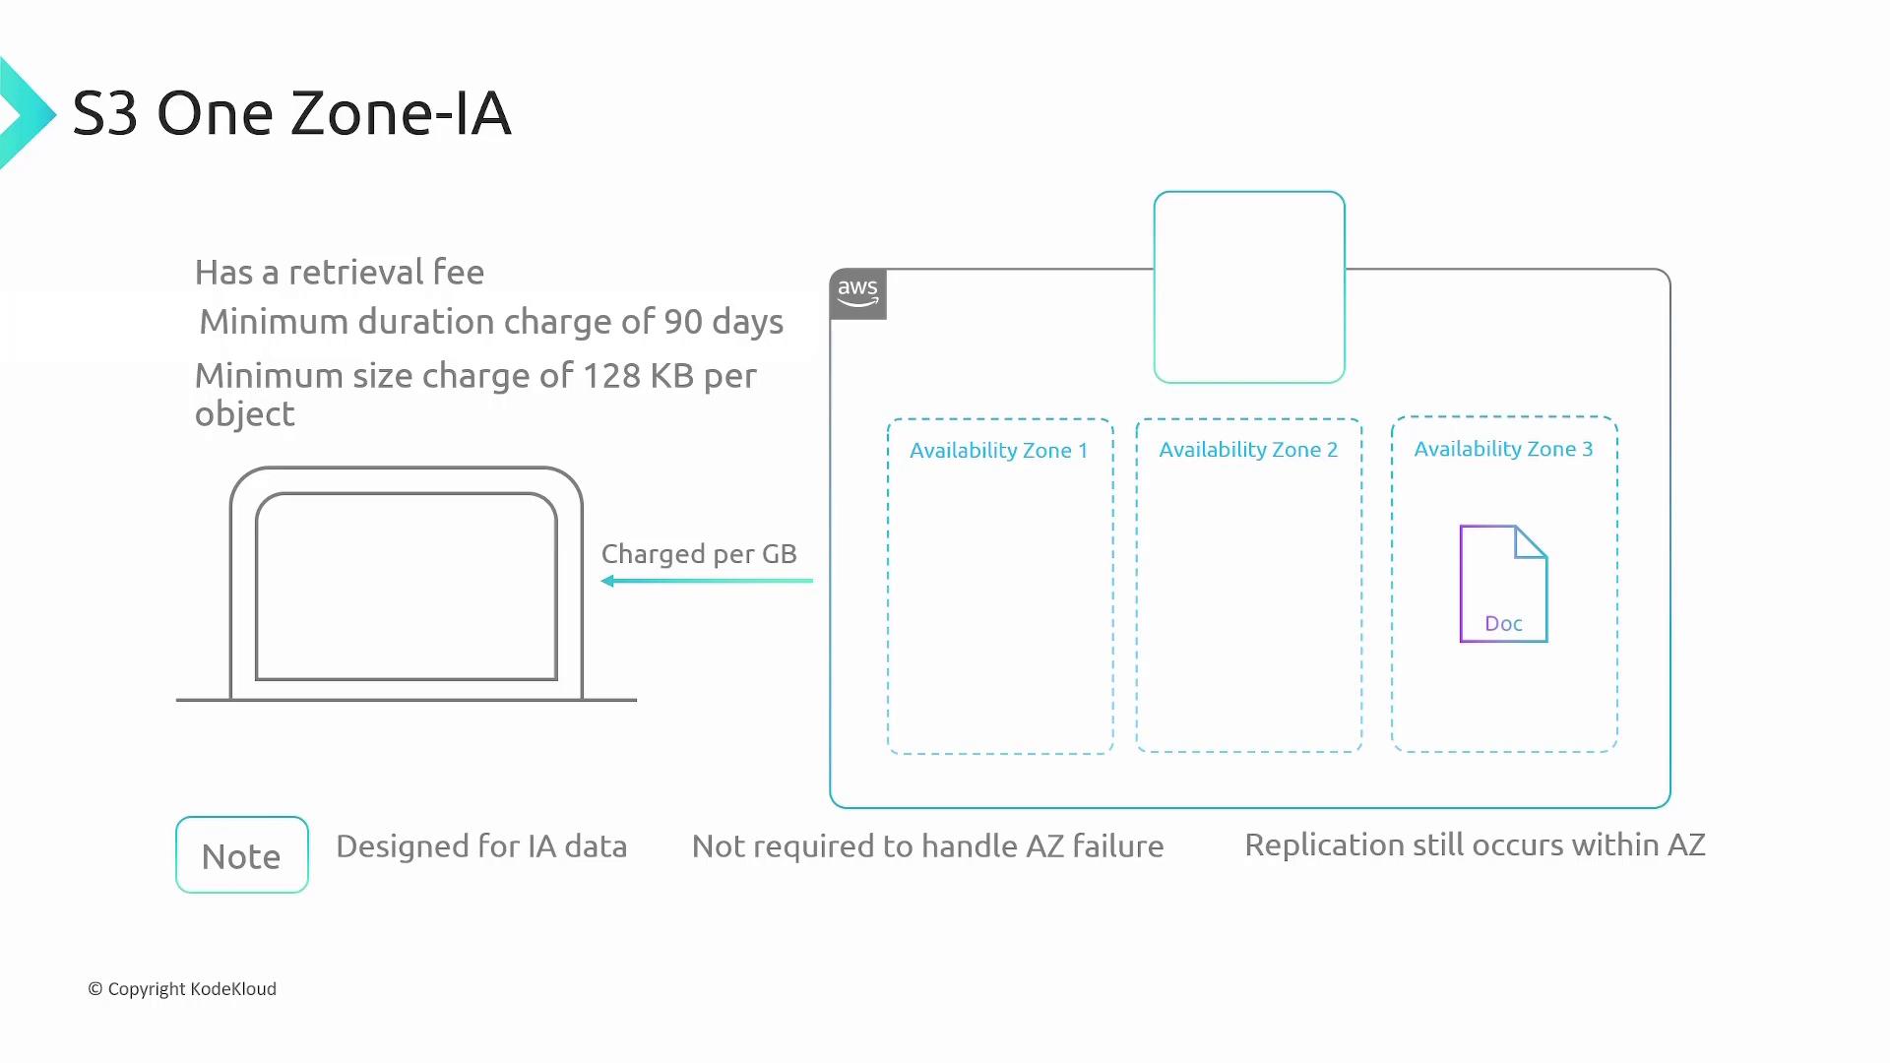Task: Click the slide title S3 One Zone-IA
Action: pos(291,113)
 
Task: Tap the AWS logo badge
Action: pos(858,293)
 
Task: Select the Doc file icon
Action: pos(1503,584)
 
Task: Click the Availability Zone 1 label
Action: pos(998,451)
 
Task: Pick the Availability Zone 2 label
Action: pos(1248,450)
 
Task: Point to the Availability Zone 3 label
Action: pos(1503,449)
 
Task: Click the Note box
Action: pos(242,854)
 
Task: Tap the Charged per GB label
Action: pos(699,554)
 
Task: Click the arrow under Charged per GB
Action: pos(707,581)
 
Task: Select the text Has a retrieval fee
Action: pos(340,272)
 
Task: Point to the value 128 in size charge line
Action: pos(611,376)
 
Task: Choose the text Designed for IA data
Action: pos(481,846)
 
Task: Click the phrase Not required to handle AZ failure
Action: pos(928,846)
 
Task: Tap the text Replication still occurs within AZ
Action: pos(1475,845)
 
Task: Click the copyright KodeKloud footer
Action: pos(182,989)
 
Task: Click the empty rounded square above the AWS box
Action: pos(1249,193)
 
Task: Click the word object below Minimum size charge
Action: pos(245,415)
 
